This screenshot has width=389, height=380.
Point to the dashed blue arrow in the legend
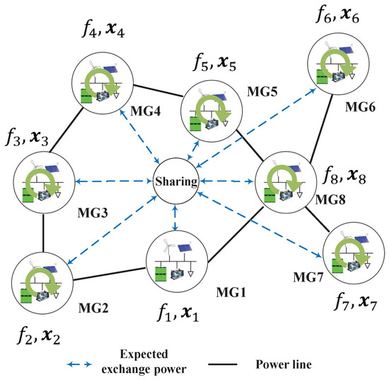81,364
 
